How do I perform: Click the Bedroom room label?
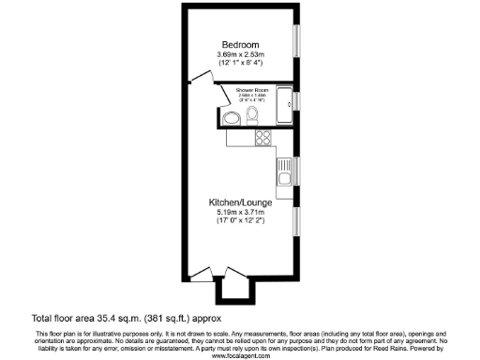pyautogui.click(x=240, y=45)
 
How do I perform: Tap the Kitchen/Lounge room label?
pyautogui.click(x=240, y=202)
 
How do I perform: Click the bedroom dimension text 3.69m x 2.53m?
pyautogui.click(x=240, y=56)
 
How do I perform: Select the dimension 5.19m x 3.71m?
pyautogui.click(x=240, y=213)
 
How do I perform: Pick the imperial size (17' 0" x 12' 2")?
pyautogui.click(x=240, y=222)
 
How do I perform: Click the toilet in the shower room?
pyautogui.click(x=253, y=115)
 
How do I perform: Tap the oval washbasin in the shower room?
pyautogui.click(x=230, y=117)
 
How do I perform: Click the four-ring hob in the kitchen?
pyautogui.click(x=262, y=138)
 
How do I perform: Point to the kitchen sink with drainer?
pyautogui.click(x=284, y=171)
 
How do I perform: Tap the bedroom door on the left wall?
pyautogui.click(x=197, y=80)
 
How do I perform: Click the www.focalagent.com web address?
pyautogui.click(x=240, y=356)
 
